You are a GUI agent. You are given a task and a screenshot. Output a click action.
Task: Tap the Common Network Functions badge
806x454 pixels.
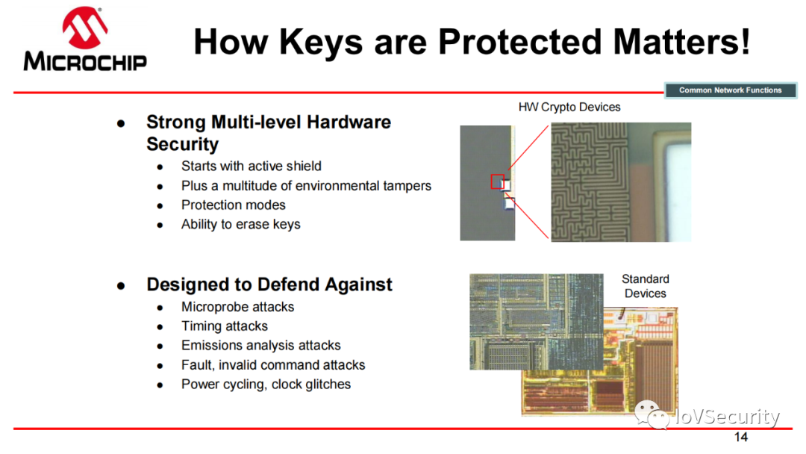[x=730, y=90]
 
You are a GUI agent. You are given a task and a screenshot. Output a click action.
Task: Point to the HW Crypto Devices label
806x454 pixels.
[x=569, y=107]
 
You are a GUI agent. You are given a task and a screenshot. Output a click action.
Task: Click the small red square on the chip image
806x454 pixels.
[x=497, y=181]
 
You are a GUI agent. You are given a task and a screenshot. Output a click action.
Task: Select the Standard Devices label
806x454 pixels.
[x=645, y=286]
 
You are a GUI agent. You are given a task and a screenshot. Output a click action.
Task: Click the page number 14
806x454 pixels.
[x=741, y=437]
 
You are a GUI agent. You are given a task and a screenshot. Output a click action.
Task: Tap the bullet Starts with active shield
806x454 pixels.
[x=252, y=166]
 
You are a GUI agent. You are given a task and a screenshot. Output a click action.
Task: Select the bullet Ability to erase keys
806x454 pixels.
[x=240, y=224]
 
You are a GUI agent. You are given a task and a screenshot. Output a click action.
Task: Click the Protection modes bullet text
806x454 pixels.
[x=234, y=205]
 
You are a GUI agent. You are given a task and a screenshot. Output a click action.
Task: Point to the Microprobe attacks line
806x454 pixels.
[x=237, y=307]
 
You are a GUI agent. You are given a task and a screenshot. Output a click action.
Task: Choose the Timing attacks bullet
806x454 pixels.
[x=225, y=326]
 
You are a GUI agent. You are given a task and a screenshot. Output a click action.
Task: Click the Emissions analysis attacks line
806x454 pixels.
[x=261, y=346]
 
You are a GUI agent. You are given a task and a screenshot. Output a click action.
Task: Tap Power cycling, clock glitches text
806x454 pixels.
[x=266, y=384]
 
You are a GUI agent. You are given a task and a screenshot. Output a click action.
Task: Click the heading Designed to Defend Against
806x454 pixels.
[x=269, y=284]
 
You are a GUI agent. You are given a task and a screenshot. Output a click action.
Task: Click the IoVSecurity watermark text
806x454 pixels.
[x=728, y=417]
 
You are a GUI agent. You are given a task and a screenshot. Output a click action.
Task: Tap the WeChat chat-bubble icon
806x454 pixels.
[x=652, y=414]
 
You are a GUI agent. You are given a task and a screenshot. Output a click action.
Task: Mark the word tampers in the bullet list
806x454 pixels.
[x=407, y=186]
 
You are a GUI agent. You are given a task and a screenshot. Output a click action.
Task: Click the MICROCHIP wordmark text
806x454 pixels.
[x=85, y=62]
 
